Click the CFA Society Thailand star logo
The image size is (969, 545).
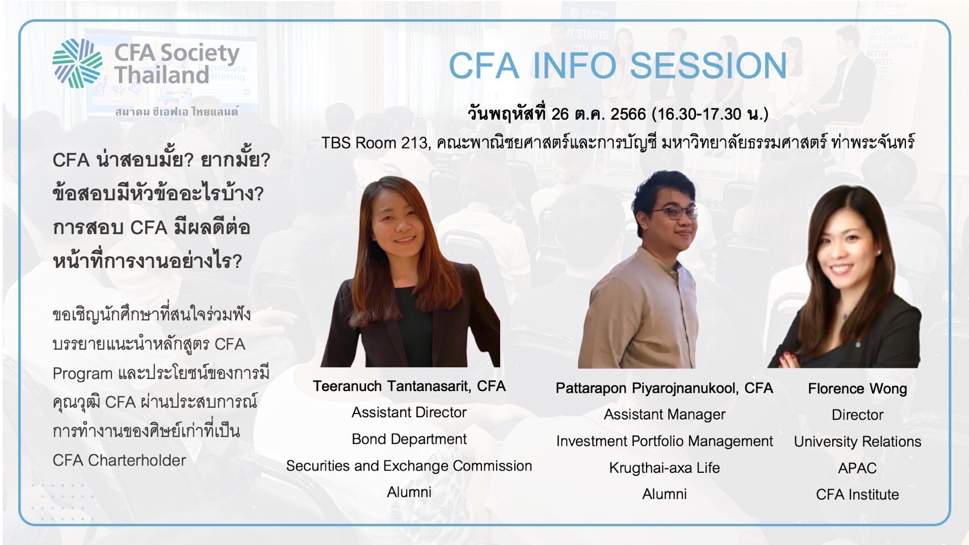coord(77,63)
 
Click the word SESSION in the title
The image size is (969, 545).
coord(708,66)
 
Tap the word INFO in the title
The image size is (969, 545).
coord(573,66)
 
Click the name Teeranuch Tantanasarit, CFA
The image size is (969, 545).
coord(409,386)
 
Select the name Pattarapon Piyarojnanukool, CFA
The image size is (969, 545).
coord(664,388)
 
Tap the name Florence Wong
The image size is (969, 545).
coord(857,388)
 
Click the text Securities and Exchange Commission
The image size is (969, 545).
coord(409,466)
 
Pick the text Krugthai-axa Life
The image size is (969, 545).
coord(665,468)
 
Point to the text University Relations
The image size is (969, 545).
coord(857,442)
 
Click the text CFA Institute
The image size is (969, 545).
coord(857,494)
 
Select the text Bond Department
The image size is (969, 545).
coord(409,439)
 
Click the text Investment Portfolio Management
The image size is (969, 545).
coord(665,441)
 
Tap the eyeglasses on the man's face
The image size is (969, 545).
coord(676,212)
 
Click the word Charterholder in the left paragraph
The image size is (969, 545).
coord(137,460)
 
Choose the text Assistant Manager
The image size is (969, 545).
coord(665,414)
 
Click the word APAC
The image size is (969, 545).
coord(857,468)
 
